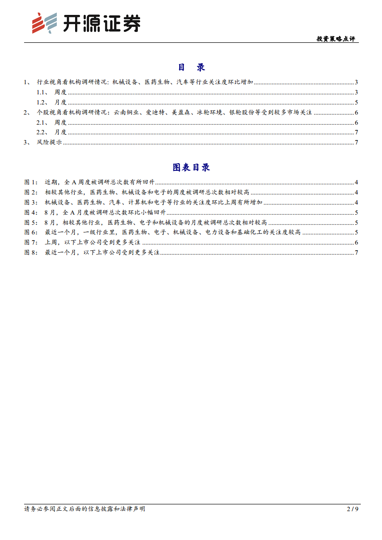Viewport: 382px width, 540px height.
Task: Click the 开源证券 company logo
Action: [x=86, y=23]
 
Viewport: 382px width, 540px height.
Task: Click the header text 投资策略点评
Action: [x=336, y=39]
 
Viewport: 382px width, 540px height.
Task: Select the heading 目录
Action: [x=191, y=67]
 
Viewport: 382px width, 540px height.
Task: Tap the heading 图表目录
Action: [x=191, y=167]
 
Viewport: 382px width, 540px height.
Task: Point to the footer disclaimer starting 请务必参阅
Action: [x=85, y=509]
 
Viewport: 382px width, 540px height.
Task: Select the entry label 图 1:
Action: [x=31, y=182]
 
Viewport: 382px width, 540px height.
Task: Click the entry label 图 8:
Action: [x=31, y=253]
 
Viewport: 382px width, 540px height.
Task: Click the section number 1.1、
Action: [x=44, y=92]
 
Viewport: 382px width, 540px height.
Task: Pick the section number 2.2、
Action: [x=44, y=132]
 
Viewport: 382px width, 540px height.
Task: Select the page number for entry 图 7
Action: [x=356, y=243]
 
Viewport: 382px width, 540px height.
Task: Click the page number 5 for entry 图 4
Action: [x=356, y=212]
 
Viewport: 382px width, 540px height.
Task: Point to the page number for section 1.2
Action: [x=356, y=102]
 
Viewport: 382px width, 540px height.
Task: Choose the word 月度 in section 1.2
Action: [x=60, y=102]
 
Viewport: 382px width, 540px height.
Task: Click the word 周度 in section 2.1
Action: [x=60, y=122]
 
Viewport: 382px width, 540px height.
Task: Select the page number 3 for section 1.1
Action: [x=356, y=92]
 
